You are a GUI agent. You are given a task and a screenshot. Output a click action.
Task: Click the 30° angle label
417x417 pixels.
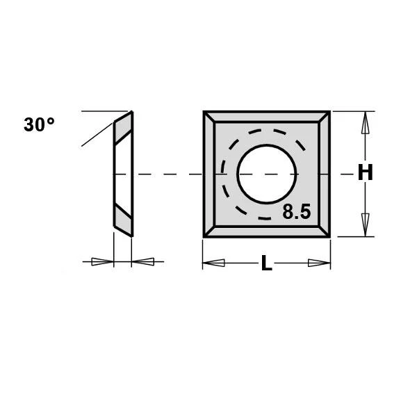pyautogui.click(x=39, y=125)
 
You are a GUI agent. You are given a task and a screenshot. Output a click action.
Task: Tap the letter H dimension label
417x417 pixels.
pyautogui.click(x=365, y=173)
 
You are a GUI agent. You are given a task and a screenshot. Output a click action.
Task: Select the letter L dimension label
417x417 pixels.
pyautogui.click(x=266, y=263)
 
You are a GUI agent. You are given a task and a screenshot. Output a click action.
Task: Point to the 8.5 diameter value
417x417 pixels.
pyautogui.click(x=296, y=213)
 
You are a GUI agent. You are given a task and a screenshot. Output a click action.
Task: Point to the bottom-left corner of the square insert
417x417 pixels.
pyautogui.click(x=205, y=236)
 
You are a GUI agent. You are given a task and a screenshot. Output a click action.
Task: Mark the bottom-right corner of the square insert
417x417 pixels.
pyautogui.click(x=329, y=236)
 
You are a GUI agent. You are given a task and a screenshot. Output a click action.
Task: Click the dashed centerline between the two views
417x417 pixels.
pyautogui.click(x=167, y=173)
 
